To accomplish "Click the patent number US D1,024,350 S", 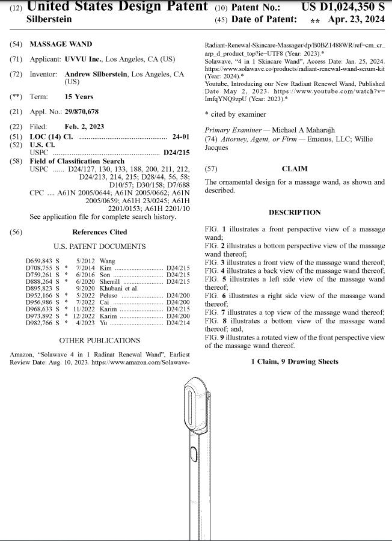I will [342, 7].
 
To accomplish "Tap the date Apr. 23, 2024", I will [356, 19].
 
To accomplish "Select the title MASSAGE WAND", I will [61, 44].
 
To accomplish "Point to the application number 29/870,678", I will [81, 112].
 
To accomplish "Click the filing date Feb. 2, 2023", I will [84, 127].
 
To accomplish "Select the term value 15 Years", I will [79, 97].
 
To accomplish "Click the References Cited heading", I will [99, 232].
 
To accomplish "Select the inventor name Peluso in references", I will [108, 295].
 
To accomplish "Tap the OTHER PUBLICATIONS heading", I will [99, 340].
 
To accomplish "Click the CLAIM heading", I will [295, 169].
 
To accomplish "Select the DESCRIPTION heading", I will [295, 212].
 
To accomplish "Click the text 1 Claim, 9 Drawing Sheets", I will [295, 361].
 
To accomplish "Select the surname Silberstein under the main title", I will [49, 19].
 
